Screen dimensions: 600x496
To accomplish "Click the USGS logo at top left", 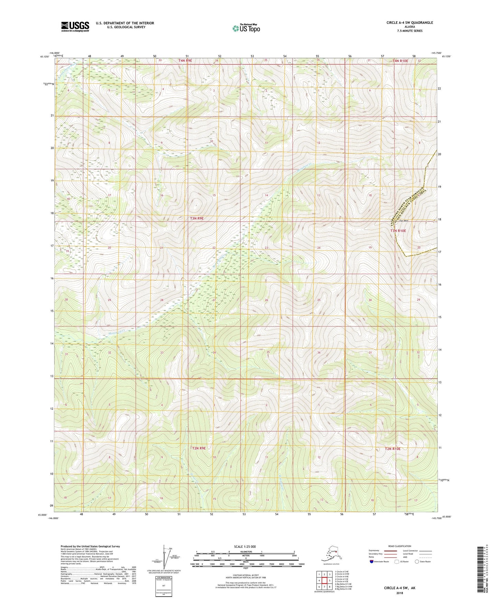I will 75,26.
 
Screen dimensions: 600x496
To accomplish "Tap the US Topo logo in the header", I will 245,28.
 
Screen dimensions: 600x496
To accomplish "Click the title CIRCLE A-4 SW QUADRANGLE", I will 410,23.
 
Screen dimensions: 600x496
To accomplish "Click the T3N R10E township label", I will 398,231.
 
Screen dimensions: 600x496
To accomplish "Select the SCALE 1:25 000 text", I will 245,546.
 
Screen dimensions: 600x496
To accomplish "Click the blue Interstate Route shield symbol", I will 372,562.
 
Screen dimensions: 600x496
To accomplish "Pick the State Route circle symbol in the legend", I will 417,562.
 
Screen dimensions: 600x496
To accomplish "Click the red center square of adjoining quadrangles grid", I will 324,581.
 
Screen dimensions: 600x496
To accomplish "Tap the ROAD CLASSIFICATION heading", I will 400,546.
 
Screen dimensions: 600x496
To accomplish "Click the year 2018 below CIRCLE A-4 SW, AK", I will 399,593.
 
